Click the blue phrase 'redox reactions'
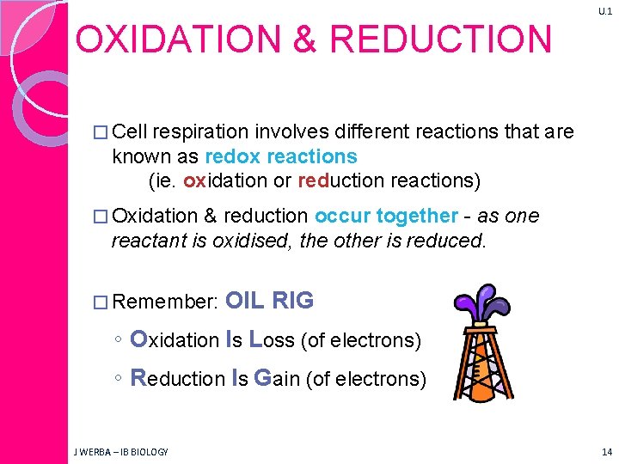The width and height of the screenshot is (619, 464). click(x=281, y=156)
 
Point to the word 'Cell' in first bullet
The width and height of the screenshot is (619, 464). click(x=131, y=131)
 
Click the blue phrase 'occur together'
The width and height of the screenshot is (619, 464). click(x=387, y=216)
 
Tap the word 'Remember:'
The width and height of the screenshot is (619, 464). click(x=165, y=302)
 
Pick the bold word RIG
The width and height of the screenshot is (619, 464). click(x=292, y=301)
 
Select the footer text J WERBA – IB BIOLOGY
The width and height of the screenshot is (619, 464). click(x=120, y=452)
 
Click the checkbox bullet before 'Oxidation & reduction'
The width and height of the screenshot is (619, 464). click(x=101, y=217)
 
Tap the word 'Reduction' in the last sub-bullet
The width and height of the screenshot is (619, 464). click(x=177, y=378)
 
